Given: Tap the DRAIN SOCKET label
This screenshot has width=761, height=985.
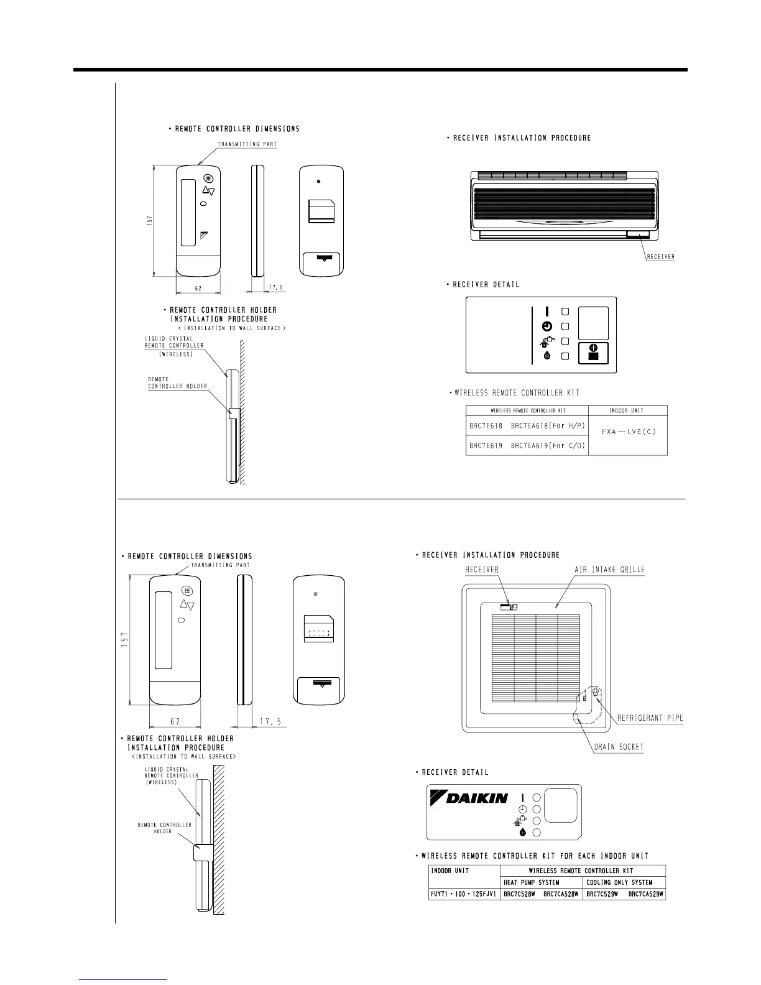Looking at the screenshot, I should click(619, 747).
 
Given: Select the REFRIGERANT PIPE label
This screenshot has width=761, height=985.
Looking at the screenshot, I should click(650, 718).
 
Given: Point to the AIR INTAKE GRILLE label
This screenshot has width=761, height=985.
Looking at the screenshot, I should click(609, 570).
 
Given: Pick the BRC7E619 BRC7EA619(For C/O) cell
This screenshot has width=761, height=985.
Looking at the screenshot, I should click(527, 446).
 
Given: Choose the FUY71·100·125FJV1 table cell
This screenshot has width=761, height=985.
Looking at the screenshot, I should click(463, 894).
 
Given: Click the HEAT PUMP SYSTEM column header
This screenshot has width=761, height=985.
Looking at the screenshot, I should click(531, 882).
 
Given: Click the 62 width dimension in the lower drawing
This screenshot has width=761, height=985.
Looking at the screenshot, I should click(176, 721).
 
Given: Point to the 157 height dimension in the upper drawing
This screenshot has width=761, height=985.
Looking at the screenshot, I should click(149, 221).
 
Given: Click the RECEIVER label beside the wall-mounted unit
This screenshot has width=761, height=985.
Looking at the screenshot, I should click(660, 256).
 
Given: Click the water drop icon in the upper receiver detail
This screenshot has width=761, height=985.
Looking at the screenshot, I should click(545, 356).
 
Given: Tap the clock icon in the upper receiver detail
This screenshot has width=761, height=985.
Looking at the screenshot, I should click(545, 326).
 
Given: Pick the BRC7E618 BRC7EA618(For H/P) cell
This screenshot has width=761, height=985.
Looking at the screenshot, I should click(527, 426).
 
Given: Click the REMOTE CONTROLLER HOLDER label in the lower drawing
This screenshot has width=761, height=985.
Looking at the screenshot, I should click(165, 828).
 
